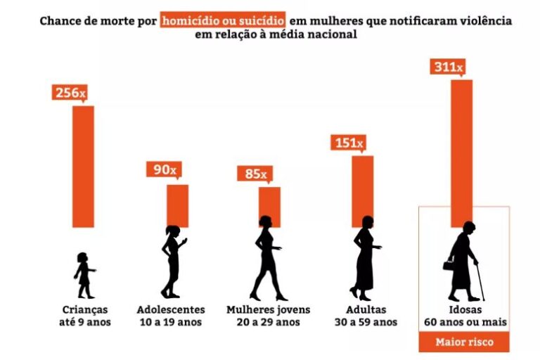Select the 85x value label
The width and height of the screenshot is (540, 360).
click(256, 173)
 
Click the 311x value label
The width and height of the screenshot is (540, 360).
click(446, 67)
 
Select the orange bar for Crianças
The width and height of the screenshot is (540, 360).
click(84, 167)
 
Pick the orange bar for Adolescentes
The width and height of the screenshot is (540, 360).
click(177, 205)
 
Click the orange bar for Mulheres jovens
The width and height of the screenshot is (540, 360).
click(269, 207)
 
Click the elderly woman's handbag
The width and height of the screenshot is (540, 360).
click(448, 265)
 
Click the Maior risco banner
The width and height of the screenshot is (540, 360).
click(464, 342)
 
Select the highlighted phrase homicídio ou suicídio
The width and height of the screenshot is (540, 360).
click(223, 20)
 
